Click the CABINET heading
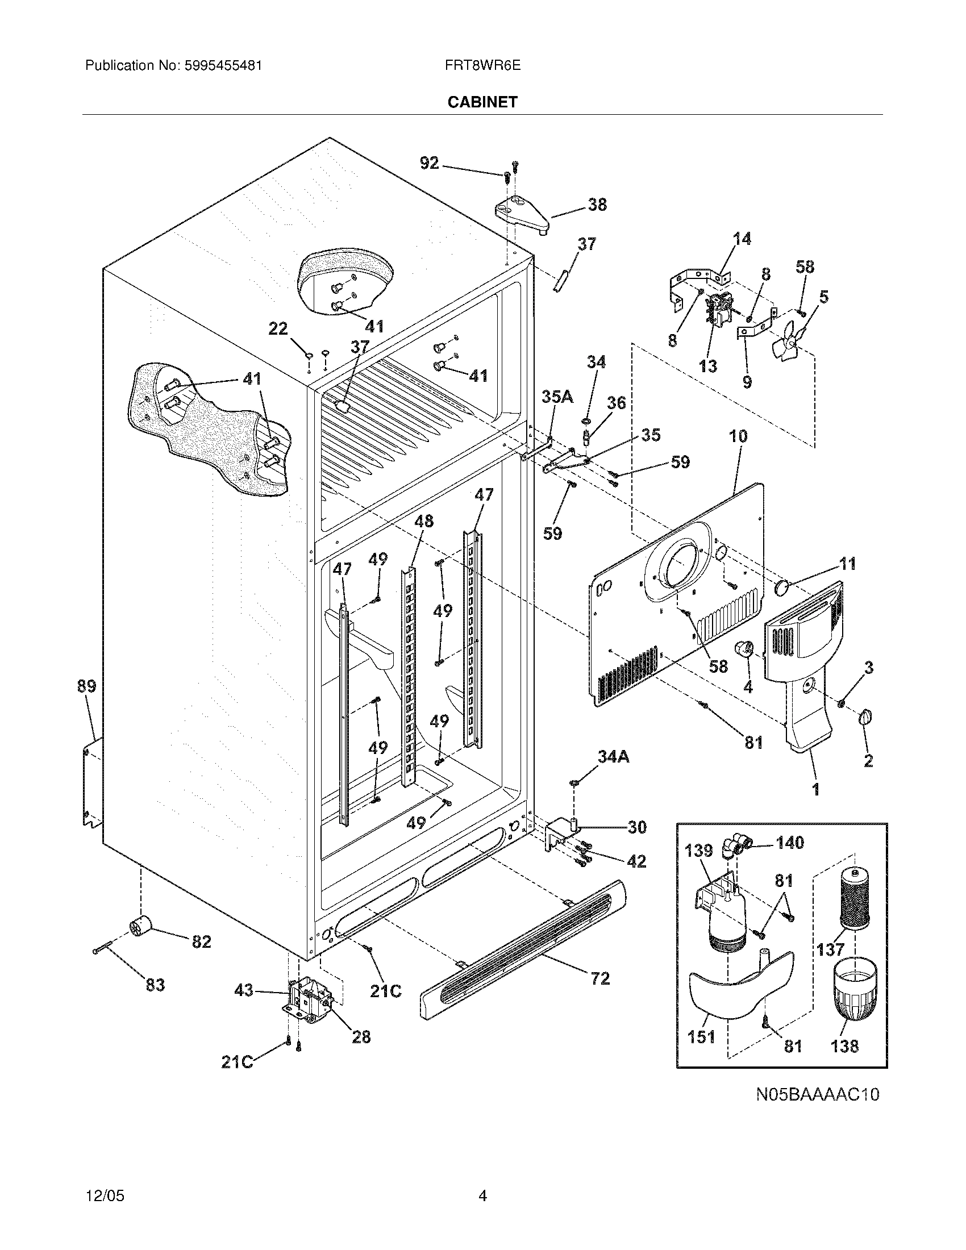[482, 102]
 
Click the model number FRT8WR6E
[482, 65]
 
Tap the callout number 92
[429, 163]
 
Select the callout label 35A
[557, 397]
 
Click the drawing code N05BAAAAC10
[817, 1094]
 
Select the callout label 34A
[613, 757]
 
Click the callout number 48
[424, 521]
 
